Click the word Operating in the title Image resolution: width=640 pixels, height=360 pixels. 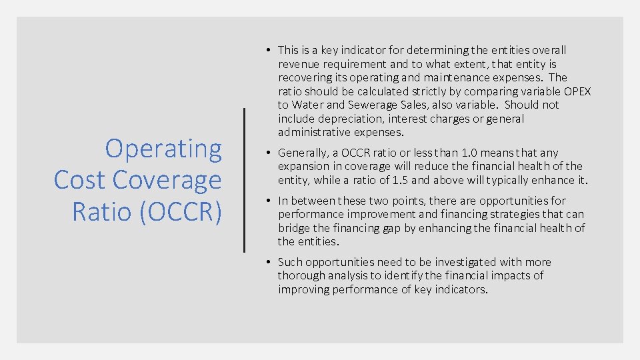(163, 149)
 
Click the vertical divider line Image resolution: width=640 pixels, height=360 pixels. (245, 180)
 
